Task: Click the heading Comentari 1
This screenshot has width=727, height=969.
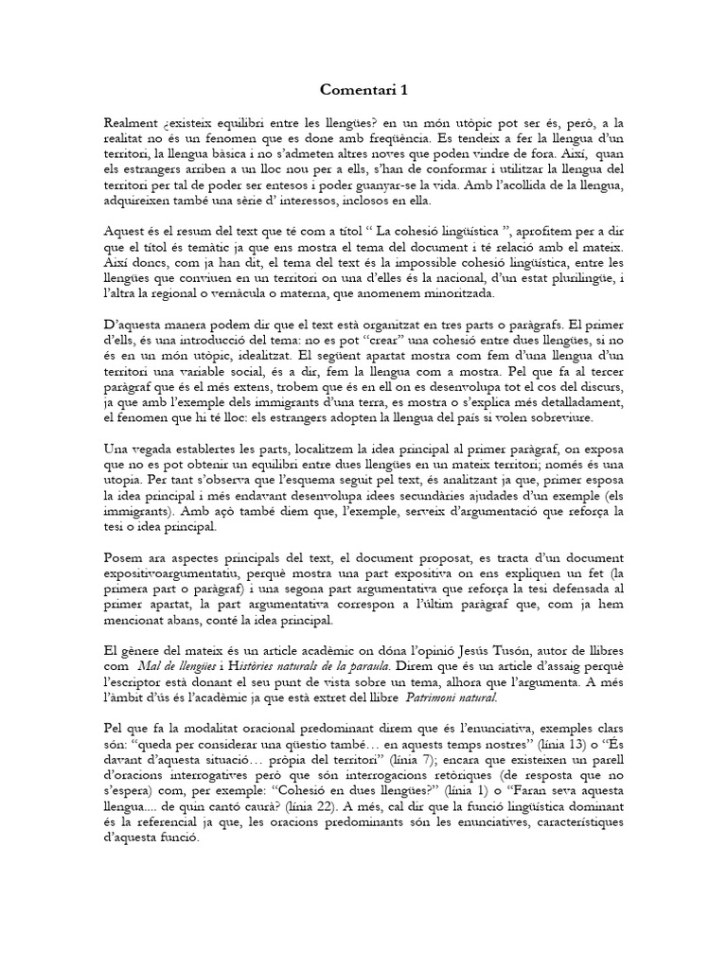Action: coord(363,91)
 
